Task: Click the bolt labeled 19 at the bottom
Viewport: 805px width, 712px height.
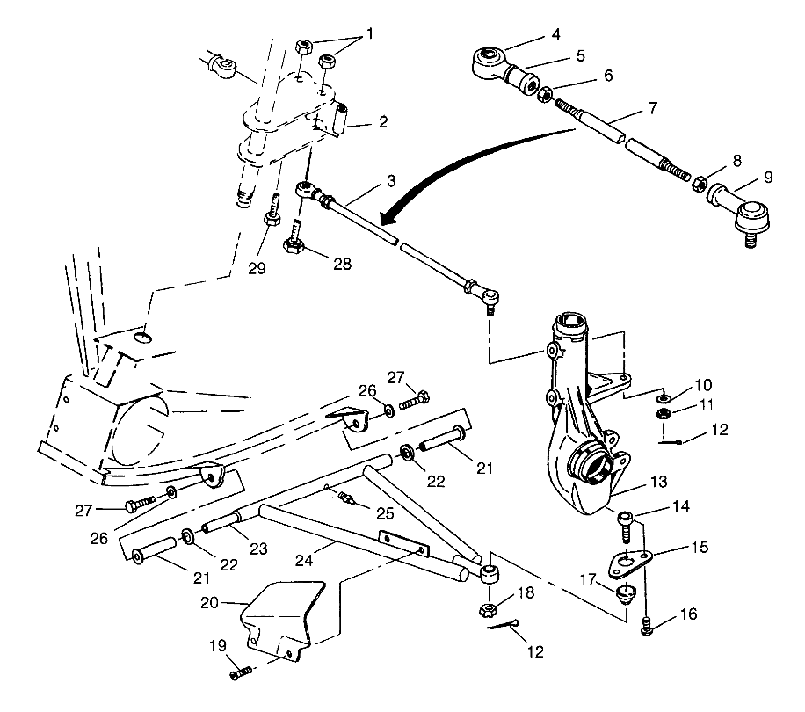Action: tap(239, 673)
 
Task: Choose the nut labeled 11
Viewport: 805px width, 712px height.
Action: tap(664, 413)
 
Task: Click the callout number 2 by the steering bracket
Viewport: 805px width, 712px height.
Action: tap(382, 122)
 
